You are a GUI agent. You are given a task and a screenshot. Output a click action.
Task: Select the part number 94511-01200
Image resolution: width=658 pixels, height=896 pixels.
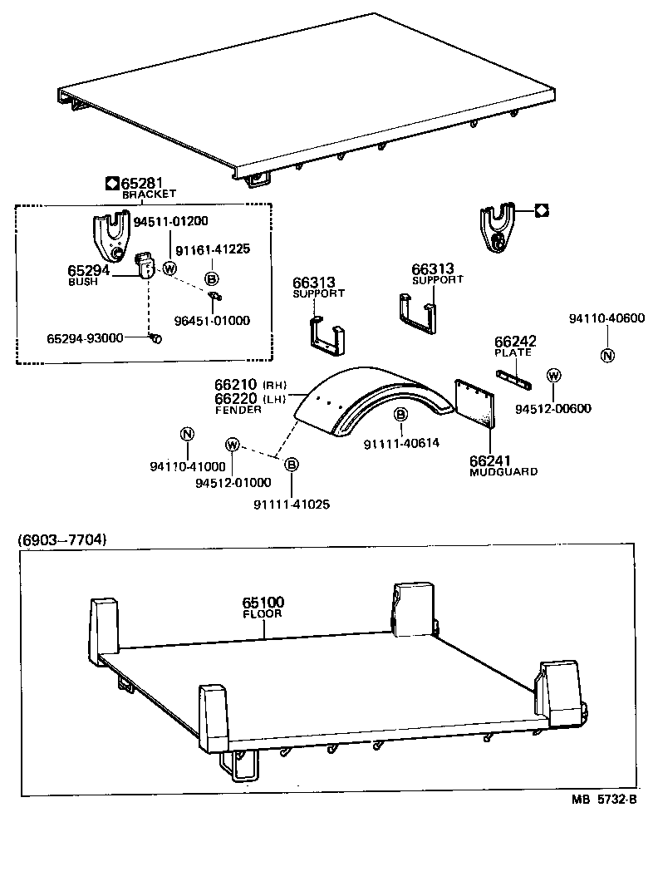coord(171,221)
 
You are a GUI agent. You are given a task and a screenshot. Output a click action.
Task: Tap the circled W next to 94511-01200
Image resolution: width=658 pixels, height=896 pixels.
coord(169,268)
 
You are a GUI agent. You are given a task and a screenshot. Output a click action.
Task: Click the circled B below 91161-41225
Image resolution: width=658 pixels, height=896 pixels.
coord(211,279)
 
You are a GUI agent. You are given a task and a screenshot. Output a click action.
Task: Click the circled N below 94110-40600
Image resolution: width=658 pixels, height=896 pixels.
coord(606,356)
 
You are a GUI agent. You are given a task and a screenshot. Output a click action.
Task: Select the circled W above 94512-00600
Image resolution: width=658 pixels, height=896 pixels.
coord(552,376)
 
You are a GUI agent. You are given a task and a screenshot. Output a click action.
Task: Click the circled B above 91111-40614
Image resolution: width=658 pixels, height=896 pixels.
coord(400,414)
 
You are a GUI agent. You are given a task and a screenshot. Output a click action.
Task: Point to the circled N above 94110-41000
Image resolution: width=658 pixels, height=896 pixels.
coord(187,433)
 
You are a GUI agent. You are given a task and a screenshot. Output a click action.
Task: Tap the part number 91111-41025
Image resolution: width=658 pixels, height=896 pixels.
coord(287,504)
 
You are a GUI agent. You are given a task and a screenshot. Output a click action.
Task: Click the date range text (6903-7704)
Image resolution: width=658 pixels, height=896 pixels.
coord(61,539)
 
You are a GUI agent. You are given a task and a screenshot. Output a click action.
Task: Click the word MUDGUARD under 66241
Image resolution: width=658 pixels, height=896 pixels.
coord(503,471)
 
